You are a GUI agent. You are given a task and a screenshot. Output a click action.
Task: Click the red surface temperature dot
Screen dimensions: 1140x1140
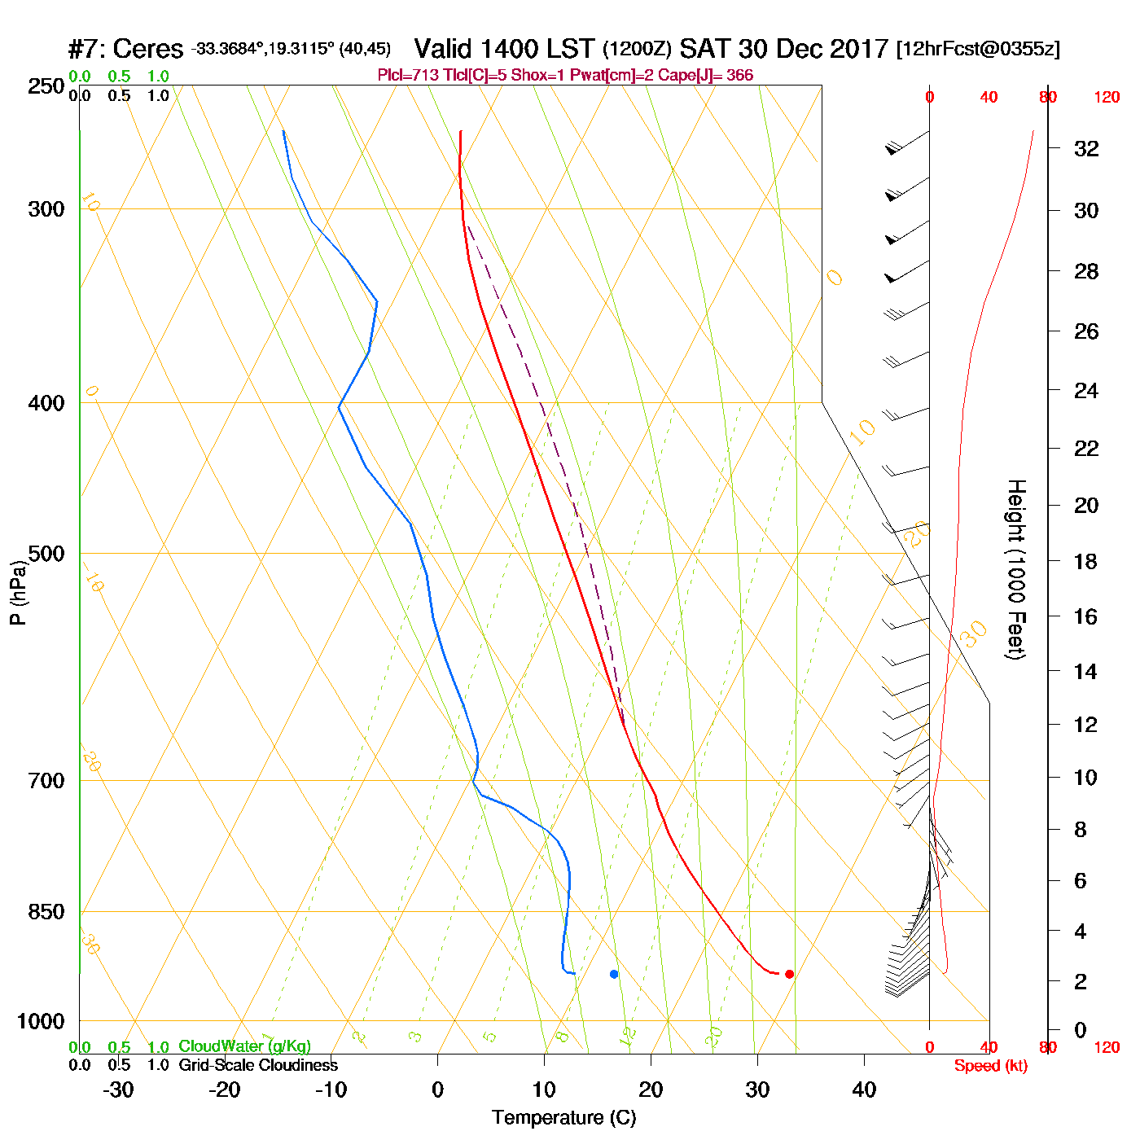point(789,974)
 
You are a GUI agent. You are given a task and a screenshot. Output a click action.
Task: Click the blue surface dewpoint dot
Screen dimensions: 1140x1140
point(614,974)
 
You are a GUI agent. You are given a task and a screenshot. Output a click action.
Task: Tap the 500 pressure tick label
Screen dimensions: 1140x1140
point(46,554)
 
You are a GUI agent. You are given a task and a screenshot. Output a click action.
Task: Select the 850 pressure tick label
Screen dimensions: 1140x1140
point(46,912)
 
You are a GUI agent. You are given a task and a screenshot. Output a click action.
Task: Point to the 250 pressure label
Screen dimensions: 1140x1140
point(46,86)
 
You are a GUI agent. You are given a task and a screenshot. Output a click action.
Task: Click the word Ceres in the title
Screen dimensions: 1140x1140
point(147,49)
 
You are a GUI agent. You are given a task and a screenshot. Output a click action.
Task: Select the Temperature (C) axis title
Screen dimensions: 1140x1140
point(563,1117)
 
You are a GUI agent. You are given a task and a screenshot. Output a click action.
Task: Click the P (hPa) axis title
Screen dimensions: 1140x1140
point(18,593)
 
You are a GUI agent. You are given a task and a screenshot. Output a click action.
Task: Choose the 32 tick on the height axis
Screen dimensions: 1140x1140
point(1086,148)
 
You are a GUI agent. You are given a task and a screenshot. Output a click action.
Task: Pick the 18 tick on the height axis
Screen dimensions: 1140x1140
point(1086,561)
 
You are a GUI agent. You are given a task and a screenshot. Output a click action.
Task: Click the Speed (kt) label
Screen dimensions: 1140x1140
point(991,1066)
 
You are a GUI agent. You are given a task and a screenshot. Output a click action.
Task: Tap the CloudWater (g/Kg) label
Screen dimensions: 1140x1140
point(244,1046)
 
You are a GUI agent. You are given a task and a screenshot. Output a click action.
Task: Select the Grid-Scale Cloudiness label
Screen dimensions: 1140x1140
point(258,1065)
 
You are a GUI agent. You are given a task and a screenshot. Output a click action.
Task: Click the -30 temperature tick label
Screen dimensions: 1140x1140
point(118,1090)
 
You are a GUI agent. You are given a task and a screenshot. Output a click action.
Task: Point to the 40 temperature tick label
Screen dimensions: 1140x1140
point(864,1090)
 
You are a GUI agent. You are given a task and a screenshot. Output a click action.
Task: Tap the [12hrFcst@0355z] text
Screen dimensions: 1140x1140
point(978,49)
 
